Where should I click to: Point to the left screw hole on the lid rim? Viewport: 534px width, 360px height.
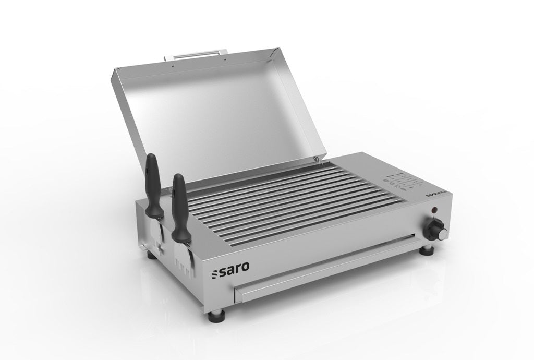[173, 66]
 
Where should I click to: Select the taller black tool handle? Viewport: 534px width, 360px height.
[152, 185]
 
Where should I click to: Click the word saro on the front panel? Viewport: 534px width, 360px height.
[234, 267]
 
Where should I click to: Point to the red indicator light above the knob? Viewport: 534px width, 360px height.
[433, 210]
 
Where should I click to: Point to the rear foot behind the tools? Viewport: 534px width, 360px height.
[152, 255]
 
